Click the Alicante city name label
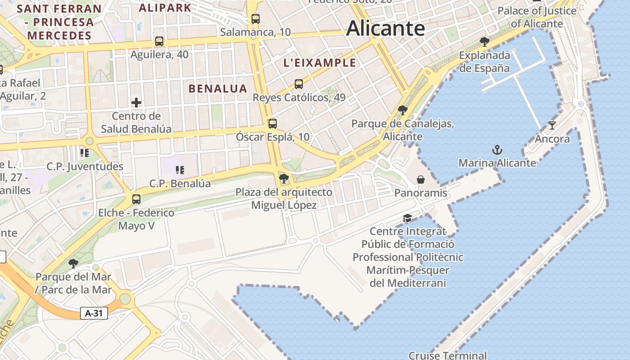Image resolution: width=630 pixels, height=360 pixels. point(386,28)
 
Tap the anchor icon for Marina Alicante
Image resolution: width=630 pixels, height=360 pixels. point(497,150)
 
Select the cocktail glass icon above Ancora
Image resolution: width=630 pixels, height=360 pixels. point(552,126)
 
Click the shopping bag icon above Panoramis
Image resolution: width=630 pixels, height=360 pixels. point(421,180)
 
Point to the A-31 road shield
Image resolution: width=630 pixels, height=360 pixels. point(94,313)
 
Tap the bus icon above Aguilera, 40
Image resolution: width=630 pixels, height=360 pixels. point(159,41)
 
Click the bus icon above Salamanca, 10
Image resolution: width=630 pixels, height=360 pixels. point(256,19)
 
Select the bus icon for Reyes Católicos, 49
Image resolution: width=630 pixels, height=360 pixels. point(299,84)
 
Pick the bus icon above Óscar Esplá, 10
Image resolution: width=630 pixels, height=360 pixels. point(273,124)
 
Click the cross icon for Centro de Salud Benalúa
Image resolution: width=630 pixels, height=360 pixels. point(136,103)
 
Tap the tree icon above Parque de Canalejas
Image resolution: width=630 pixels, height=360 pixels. point(403,110)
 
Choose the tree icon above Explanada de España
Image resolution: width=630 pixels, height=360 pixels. point(485,42)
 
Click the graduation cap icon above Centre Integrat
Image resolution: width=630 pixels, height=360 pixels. point(408,218)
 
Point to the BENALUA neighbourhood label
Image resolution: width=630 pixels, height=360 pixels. point(218,89)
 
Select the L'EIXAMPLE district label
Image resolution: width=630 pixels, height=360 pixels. point(319,63)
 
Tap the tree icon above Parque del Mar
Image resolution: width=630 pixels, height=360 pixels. point(73,263)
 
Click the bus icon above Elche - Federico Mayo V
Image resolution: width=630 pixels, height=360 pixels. point(136,199)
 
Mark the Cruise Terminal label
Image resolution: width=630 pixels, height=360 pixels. point(448,355)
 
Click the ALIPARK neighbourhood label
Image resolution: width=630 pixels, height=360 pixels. point(165,8)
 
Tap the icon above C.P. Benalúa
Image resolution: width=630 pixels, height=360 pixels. point(180,170)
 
